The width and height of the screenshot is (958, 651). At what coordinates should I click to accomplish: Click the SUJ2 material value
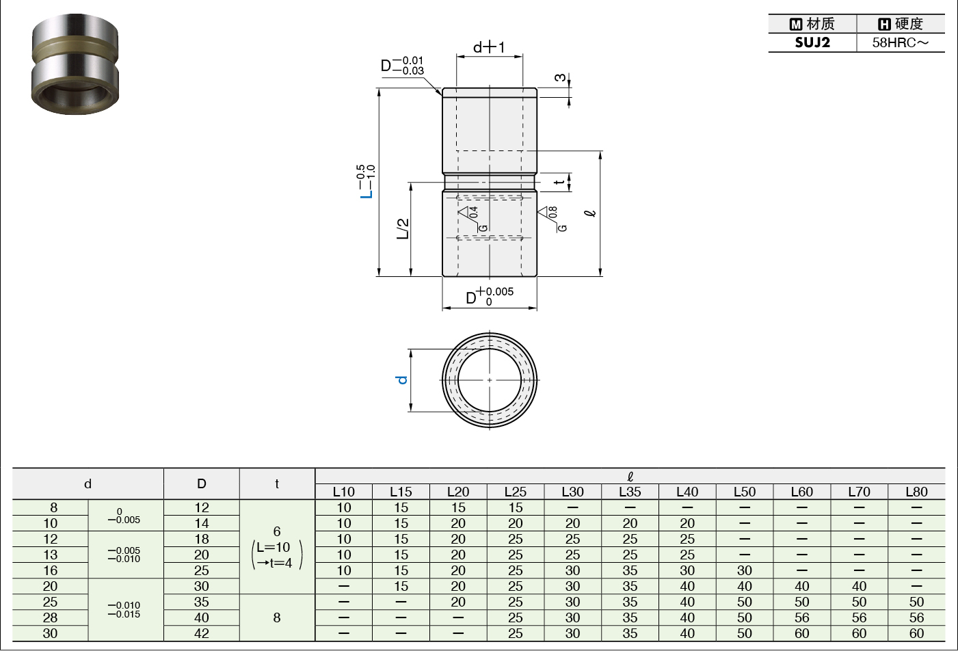click(x=812, y=42)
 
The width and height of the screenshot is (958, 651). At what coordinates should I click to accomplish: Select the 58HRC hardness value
click(x=901, y=43)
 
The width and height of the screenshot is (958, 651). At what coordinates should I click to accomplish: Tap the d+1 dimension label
click(x=489, y=47)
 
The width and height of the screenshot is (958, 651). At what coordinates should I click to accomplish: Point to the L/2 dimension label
click(x=403, y=228)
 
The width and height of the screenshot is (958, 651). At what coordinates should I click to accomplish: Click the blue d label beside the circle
click(x=401, y=380)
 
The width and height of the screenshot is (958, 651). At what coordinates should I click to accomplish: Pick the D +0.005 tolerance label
click(x=490, y=296)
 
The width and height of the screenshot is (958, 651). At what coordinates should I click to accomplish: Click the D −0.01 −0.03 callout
click(x=402, y=66)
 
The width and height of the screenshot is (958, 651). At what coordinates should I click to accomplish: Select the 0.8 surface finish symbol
click(x=552, y=218)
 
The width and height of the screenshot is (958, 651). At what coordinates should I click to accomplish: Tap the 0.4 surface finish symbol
click(x=473, y=218)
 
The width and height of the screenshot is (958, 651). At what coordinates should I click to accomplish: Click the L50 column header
click(x=745, y=492)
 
